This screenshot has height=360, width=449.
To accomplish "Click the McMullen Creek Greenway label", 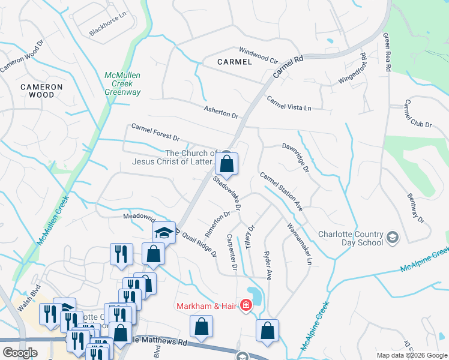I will coord(122,83).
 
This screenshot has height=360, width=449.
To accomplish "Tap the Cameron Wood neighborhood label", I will coord(41,91).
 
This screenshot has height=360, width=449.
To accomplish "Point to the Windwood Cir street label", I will coord(258,55).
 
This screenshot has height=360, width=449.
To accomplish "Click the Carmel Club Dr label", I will coord(418,113).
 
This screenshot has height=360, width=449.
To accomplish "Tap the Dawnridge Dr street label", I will coord(295,157).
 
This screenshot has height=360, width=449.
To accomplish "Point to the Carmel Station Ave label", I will coord(280,191).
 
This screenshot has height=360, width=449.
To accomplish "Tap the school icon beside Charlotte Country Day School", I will coord(393,238).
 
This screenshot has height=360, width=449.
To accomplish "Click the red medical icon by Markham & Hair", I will coord(246,307).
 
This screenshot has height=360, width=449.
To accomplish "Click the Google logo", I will coord(20,353).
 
